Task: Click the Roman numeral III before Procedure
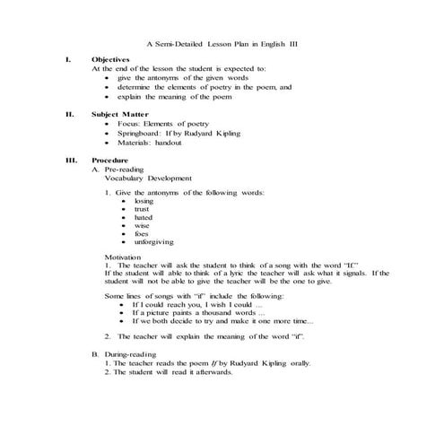coord(72,160)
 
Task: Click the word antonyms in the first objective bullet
coord(164,78)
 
